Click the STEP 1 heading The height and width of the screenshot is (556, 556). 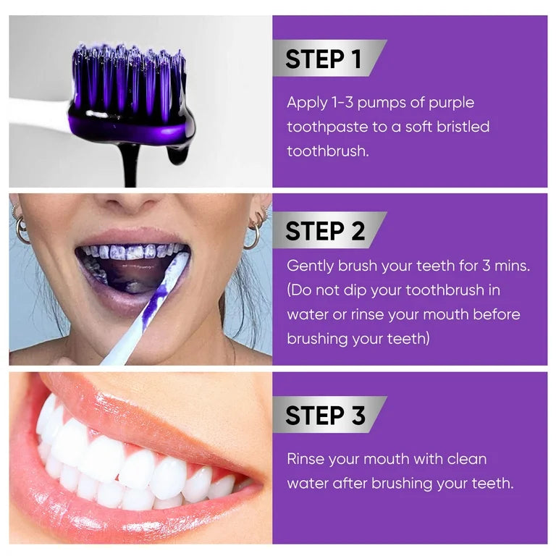323,59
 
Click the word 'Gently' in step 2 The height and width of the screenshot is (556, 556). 310,266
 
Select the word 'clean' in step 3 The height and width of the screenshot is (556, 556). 466,459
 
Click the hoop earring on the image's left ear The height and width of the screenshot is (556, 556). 22,229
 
